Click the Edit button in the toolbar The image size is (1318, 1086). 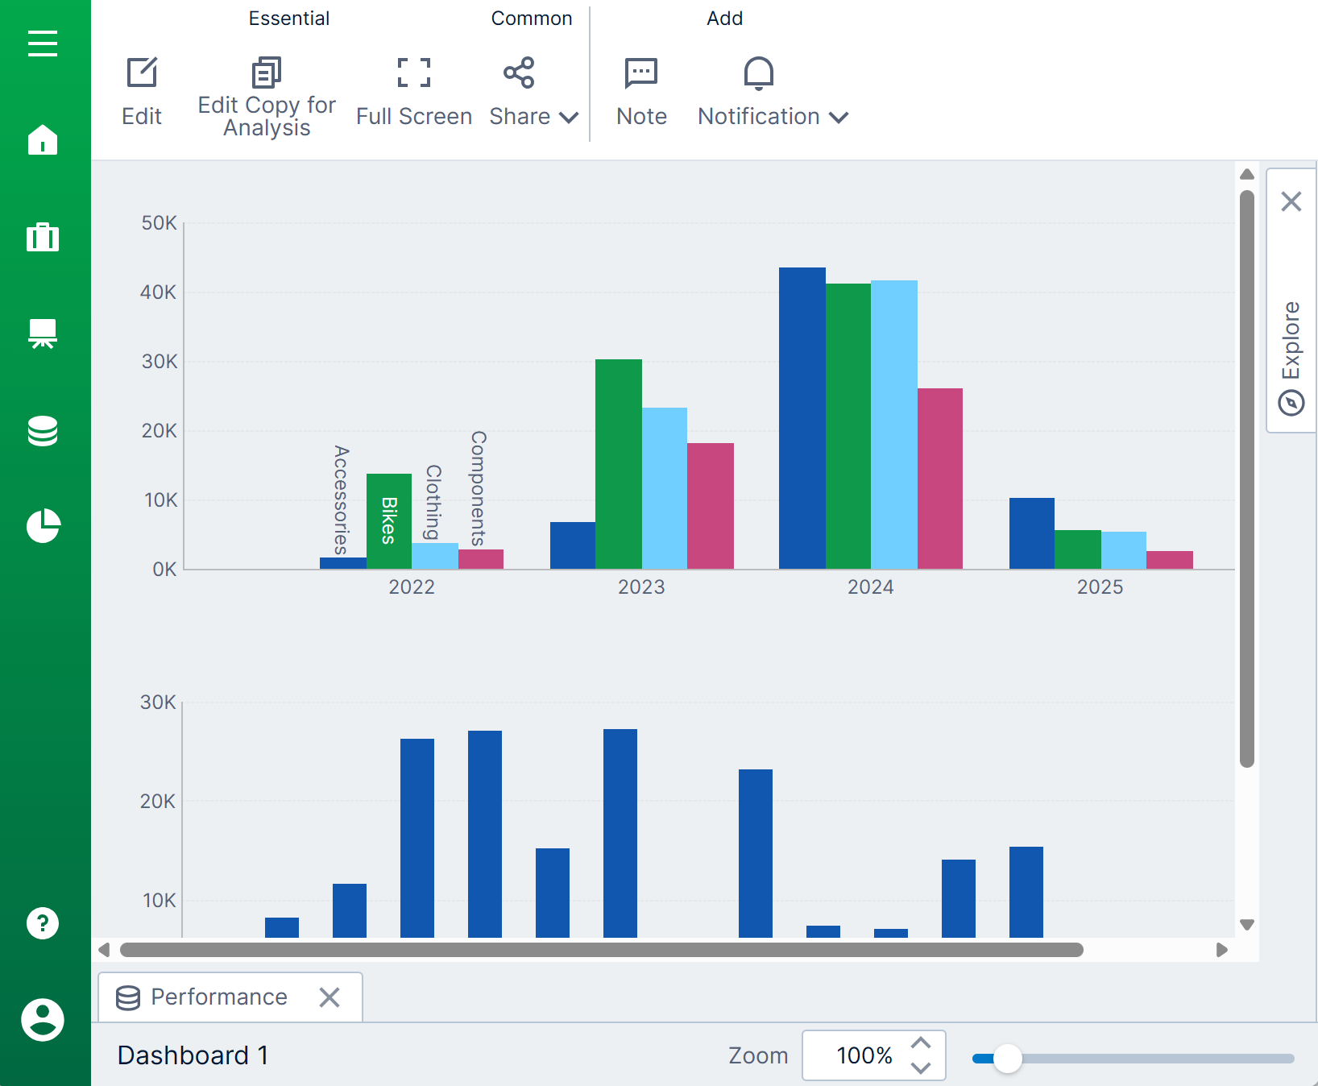pos(142,92)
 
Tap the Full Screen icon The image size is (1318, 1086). pos(413,92)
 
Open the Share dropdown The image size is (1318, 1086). pos(533,92)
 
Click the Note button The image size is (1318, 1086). pos(641,92)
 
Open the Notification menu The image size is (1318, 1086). pos(773,92)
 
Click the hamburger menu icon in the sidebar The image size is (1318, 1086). pos(43,44)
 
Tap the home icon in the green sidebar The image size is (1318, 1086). pos(43,139)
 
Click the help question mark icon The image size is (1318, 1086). pos(43,923)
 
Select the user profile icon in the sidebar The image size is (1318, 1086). pos(43,1020)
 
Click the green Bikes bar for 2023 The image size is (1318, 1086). pos(619,464)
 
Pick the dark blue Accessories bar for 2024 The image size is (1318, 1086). pos(802,418)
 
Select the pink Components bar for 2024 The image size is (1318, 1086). pos(940,479)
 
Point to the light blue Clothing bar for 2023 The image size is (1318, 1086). pos(665,488)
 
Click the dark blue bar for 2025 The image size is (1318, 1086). pos(1032,533)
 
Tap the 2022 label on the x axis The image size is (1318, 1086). pos(412,587)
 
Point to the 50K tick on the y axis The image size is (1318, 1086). pos(159,223)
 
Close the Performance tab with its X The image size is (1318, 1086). pos(329,997)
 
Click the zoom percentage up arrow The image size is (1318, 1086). pos(921,1042)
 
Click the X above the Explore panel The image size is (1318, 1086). pos(1291,201)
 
